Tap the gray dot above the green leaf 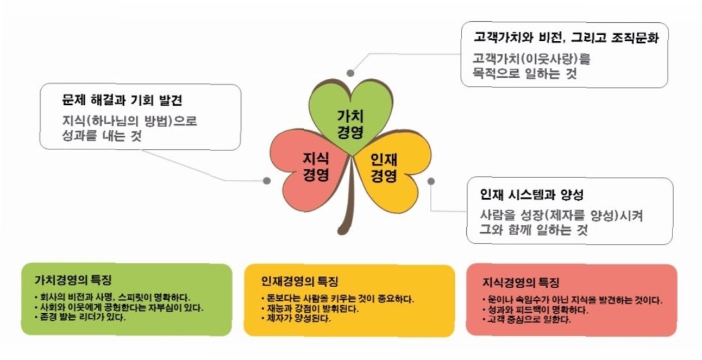pyautogui.click(x=351, y=72)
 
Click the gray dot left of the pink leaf pyautogui.click(x=266, y=180)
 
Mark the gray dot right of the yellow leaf pyautogui.click(x=431, y=180)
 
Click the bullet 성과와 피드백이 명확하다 pyautogui.click(x=532, y=310)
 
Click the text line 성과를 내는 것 pyautogui.click(x=102, y=137)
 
